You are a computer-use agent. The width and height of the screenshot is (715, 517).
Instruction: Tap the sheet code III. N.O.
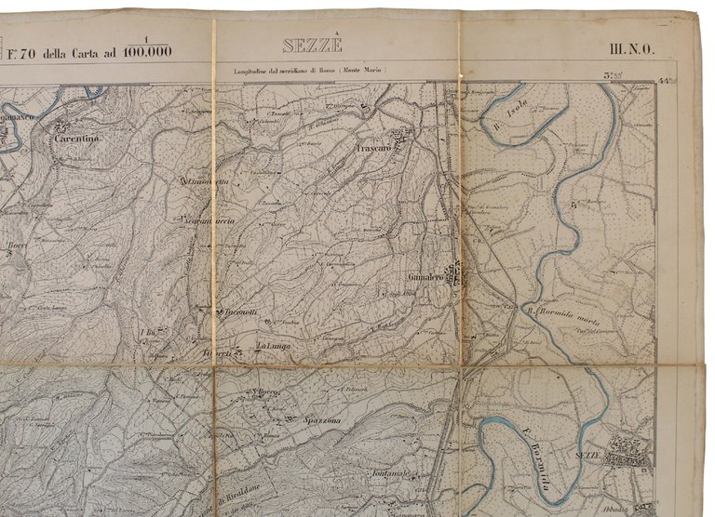click(x=631, y=50)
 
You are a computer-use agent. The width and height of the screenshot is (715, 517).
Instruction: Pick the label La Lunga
click(x=274, y=348)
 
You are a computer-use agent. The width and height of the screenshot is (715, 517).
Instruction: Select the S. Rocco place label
click(x=268, y=392)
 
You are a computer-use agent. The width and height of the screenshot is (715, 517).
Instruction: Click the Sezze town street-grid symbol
click(x=631, y=450)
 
